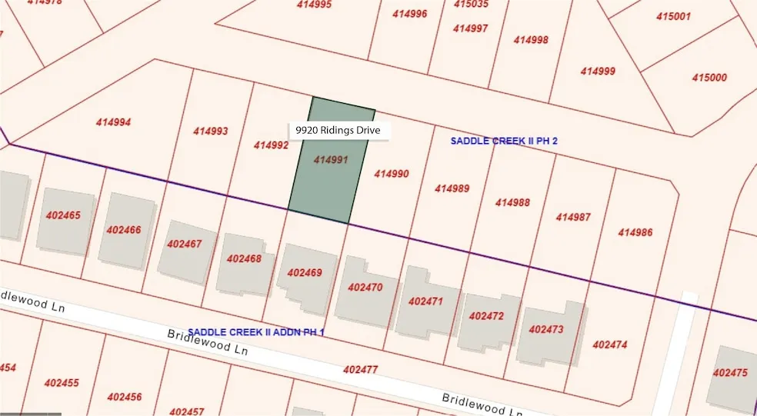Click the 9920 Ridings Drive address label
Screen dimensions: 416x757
coord(339,131)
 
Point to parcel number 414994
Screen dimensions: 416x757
coord(113,121)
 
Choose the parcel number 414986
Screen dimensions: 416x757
coord(635,232)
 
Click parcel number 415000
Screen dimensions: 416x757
coord(709,78)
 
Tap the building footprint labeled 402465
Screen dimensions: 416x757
coord(63,216)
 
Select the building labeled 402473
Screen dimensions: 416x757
coord(546,329)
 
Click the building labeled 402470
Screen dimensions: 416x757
coord(365,287)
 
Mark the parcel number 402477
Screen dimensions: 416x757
coord(360,370)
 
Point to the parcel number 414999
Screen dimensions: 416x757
coord(598,72)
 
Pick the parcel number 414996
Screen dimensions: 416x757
coord(409,14)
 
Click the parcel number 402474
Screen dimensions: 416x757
coord(609,344)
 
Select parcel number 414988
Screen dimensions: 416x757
coord(512,202)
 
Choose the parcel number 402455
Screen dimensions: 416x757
coord(62,383)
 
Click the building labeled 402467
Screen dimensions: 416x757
coord(184,244)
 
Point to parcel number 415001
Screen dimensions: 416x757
coord(674,16)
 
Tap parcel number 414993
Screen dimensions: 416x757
coord(210,131)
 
